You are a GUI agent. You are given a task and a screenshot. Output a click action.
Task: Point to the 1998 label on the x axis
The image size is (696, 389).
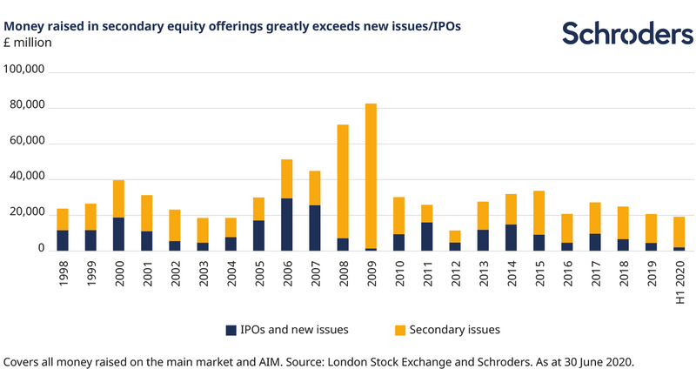[63, 272]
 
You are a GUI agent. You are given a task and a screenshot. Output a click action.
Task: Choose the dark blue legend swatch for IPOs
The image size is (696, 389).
[231, 330]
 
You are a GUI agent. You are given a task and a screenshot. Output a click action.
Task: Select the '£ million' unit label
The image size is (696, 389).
[30, 44]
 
